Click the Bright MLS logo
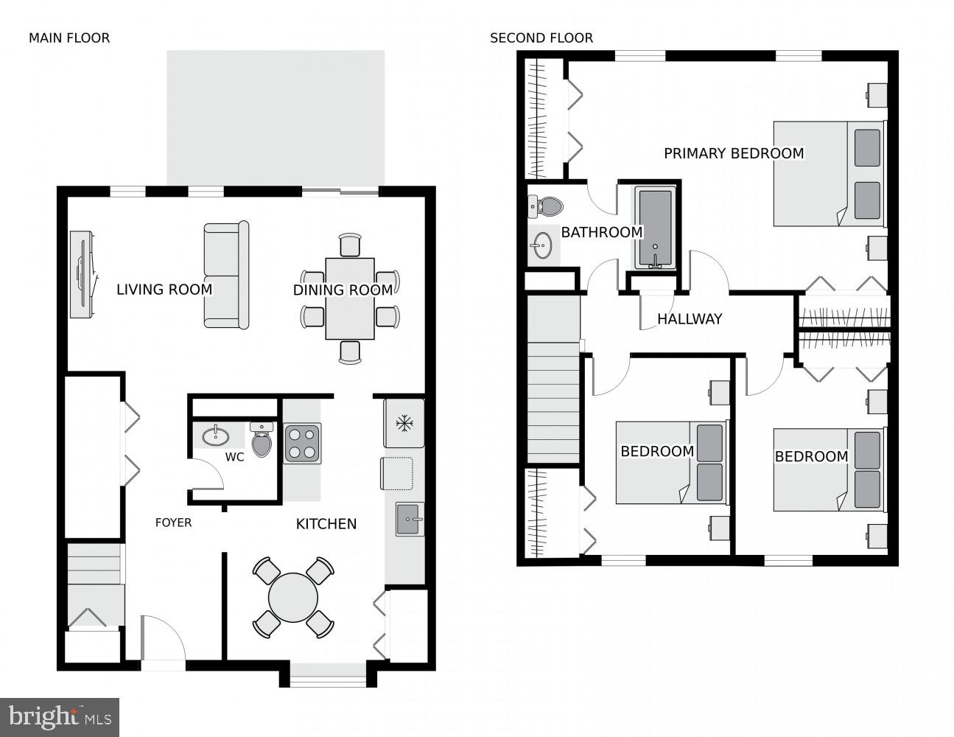click(60, 716)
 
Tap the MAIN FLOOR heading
click(69, 38)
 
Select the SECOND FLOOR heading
click(541, 38)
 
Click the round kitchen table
click(293, 598)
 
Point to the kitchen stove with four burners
click(303, 443)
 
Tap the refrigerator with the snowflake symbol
click(404, 423)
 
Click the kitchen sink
click(409, 519)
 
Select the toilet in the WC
click(262, 440)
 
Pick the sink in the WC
click(215, 435)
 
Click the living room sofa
click(225, 275)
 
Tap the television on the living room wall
click(82, 275)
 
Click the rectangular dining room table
click(350, 298)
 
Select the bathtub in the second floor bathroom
click(655, 228)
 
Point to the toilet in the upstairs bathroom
click(545, 206)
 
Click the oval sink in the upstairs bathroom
click(543, 245)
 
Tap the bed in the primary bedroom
click(828, 174)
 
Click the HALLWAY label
click(689, 319)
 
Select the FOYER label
click(173, 523)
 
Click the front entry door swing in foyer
click(162, 640)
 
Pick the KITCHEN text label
click(326, 524)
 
